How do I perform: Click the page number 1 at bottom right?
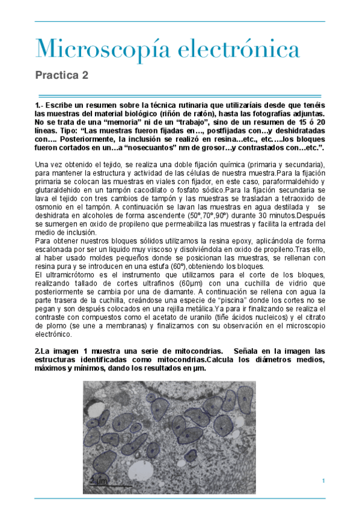point(323,480)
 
